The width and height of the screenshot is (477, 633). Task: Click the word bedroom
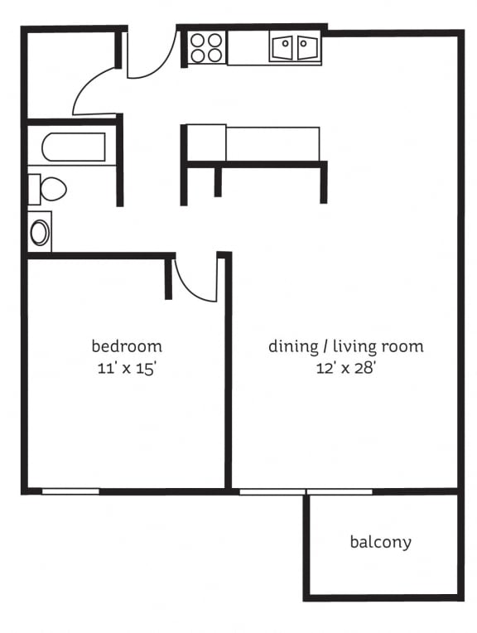click(127, 345)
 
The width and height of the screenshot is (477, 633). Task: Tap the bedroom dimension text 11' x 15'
click(127, 369)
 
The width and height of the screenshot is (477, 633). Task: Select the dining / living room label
click(345, 345)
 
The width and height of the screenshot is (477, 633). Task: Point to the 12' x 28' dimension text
click(345, 369)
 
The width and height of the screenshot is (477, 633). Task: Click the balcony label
click(380, 543)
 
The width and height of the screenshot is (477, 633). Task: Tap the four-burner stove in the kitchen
click(207, 47)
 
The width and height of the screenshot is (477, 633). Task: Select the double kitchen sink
click(295, 47)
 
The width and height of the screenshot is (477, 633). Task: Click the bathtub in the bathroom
click(74, 147)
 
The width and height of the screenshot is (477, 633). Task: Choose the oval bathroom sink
click(39, 232)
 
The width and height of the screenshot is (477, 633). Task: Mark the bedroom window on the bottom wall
click(70, 491)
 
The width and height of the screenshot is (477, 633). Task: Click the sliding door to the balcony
click(306, 492)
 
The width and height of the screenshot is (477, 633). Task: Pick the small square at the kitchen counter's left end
click(207, 143)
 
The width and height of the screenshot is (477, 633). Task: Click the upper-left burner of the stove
click(199, 39)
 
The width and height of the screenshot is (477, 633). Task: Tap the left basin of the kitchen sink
click(282, 47)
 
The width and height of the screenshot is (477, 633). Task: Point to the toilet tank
click(34, 189)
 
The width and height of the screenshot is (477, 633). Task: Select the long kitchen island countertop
click(272, 143)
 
